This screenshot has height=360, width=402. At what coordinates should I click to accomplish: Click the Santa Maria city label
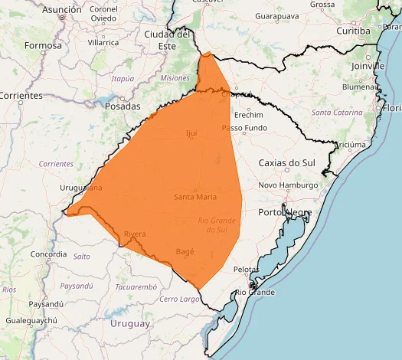[x=195, y=197]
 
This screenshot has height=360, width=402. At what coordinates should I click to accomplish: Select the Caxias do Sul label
[x=287, y=163]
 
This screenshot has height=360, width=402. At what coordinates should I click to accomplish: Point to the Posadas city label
[x=123, y=106]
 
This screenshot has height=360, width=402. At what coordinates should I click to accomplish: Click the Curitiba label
[x=353, y=31]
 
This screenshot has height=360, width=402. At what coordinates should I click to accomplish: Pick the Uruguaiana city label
[x=80, y=188]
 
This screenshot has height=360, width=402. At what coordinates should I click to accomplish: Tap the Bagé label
[x=185, y=251]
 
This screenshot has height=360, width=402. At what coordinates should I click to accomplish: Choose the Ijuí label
[x=191, y=134]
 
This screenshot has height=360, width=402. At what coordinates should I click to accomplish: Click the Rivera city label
[x=134, y=234]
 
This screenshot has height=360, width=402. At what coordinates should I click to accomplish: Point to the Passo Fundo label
[x=244, y=128]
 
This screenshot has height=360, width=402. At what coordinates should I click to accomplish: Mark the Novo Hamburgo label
[x=288, y=186]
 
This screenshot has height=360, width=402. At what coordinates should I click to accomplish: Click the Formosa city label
[x=42, y=45]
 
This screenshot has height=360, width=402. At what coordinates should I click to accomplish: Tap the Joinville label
[x=368, y=67]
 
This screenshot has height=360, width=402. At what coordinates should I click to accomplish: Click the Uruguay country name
[x=130, y=323]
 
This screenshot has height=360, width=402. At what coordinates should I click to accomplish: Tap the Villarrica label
[x=103, y=43]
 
